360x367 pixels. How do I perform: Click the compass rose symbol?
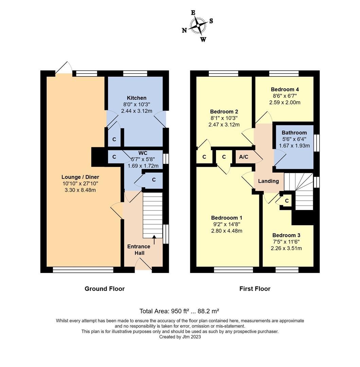point(198,26)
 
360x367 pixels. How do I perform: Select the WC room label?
point(143,153)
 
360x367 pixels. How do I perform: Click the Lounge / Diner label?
point(80,177)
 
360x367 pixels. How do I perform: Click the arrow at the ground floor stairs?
point(155,240)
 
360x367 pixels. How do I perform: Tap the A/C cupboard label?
point(244,157)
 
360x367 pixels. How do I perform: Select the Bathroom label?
point(294,133)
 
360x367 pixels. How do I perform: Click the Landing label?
point(268,181)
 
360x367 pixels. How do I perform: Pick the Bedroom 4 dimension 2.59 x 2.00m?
point(285,102)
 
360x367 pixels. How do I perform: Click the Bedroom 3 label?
point(286,235)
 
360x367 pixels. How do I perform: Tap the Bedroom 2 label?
point(223,111)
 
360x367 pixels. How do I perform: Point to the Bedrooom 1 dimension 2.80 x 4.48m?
point(227,231)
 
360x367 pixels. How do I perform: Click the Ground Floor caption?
point(105,289)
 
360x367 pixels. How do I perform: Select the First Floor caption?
point(255,289)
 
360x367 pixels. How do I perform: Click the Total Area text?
point(179,311)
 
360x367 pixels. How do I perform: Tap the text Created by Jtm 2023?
point(180,337)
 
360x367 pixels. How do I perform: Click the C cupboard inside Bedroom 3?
point(287,201)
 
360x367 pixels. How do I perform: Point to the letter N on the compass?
point(184,30)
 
